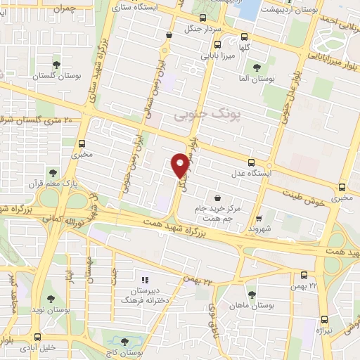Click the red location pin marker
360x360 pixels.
coord(180,165)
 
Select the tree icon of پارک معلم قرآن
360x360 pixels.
coord(53,172)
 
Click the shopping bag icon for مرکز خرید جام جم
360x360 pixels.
coord(217,198)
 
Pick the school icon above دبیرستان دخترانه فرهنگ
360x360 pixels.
coord(146,280)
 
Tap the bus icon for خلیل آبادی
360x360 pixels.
coord(37,337)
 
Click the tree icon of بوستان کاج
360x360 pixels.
coord(124,342)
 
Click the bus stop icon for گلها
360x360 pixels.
coord(244,37)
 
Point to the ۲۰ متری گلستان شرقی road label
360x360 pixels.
coord(39,120)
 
